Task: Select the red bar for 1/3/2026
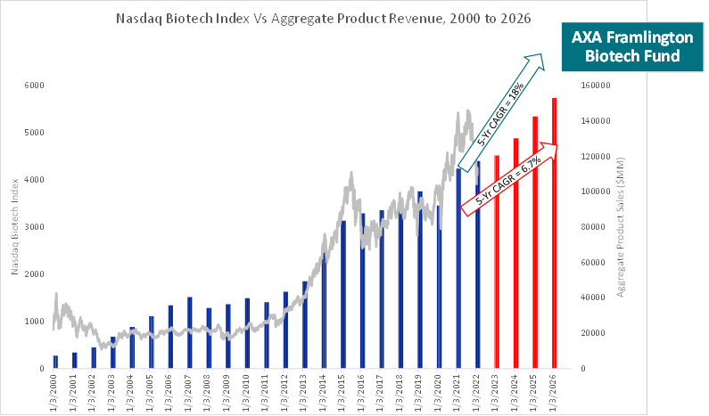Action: point(555,233)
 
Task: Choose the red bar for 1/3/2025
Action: point(535,242)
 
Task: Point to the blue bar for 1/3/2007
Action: point(190,333)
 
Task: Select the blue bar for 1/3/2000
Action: point(55,362)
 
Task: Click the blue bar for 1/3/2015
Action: point(343,294)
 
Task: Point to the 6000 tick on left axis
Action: point(35,86)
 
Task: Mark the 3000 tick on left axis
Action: point(35,227)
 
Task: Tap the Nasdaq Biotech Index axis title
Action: point(16,227)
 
